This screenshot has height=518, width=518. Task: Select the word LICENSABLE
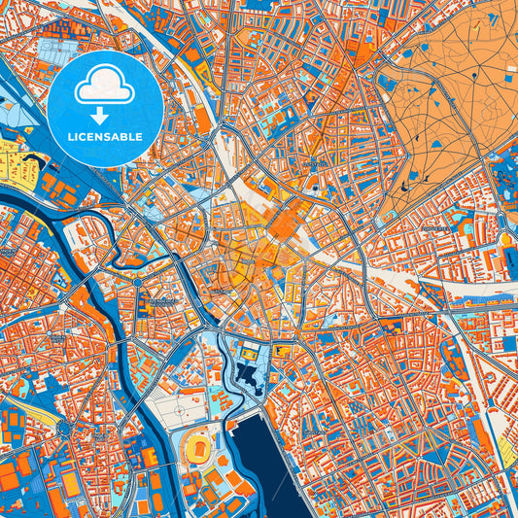coord(104,137)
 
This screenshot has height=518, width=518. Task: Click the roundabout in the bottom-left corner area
coord(64,428)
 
